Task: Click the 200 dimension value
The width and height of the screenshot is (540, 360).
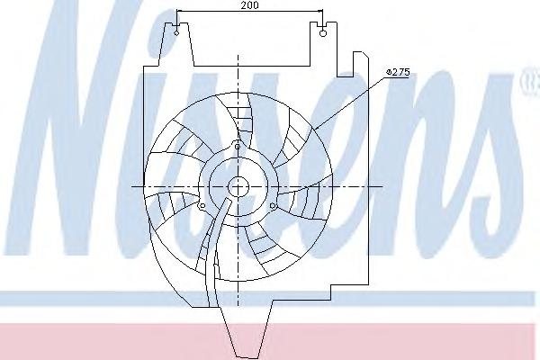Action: tap(249, 4)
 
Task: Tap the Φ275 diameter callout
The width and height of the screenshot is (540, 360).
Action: tap(398, 72)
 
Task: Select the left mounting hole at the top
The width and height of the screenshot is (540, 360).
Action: tap(176, 33)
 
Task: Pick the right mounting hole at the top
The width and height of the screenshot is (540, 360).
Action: tap(323, 33)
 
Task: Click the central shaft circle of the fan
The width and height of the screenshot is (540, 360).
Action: tap(238, 187)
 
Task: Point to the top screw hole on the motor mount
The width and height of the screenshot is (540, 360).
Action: tap(238, 147)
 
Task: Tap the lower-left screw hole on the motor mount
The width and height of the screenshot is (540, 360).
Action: tap(202, 206)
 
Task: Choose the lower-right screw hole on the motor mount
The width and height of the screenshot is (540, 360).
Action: tap(273, 206)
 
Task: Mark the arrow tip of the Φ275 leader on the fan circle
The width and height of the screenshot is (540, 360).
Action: tap(311, 130)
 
